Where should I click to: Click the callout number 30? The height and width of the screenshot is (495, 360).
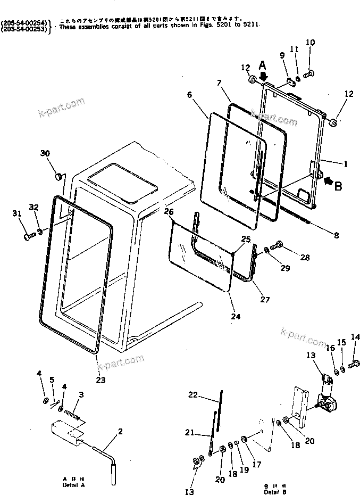point(45,153)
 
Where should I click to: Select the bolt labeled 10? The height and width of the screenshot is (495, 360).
point(312,73)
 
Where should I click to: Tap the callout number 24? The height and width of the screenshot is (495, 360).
point(236,316)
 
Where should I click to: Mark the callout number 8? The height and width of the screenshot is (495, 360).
point(336,235)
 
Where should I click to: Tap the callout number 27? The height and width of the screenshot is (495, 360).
point(264,299)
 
